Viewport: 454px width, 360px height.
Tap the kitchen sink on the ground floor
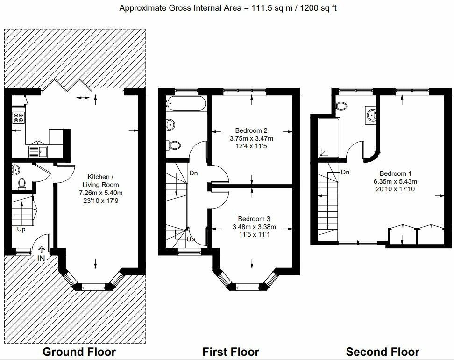[x=38, y=151]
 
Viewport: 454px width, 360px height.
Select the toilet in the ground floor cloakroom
[x=21, y=183]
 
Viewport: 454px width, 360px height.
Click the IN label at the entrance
[x=41, y=258]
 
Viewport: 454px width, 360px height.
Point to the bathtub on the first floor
[x=185, y=103]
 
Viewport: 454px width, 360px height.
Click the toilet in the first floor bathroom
[x=174, y=145]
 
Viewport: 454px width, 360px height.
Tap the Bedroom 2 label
[x=251, y=130]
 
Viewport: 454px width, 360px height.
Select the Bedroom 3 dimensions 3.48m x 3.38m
[x=254, y=227]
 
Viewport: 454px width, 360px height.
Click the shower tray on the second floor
[x=329, y=137]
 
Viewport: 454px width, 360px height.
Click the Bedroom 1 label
[x=395, y=173]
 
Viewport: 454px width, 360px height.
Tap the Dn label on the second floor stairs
[x=345, y=172]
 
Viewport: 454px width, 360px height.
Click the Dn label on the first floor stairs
[x=193, y=173]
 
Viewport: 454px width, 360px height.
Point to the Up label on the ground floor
[x=21, y=229]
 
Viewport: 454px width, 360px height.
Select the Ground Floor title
[x=79, y=352]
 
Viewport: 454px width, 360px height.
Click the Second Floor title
[x=383, y=352]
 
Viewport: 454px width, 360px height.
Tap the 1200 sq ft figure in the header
[x=318, y=8]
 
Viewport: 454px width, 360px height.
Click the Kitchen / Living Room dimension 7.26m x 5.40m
[x=101, y=193]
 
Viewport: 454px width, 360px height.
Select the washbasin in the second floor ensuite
[x=372, y=115]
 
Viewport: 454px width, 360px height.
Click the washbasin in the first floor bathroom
[x=170, y=125]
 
